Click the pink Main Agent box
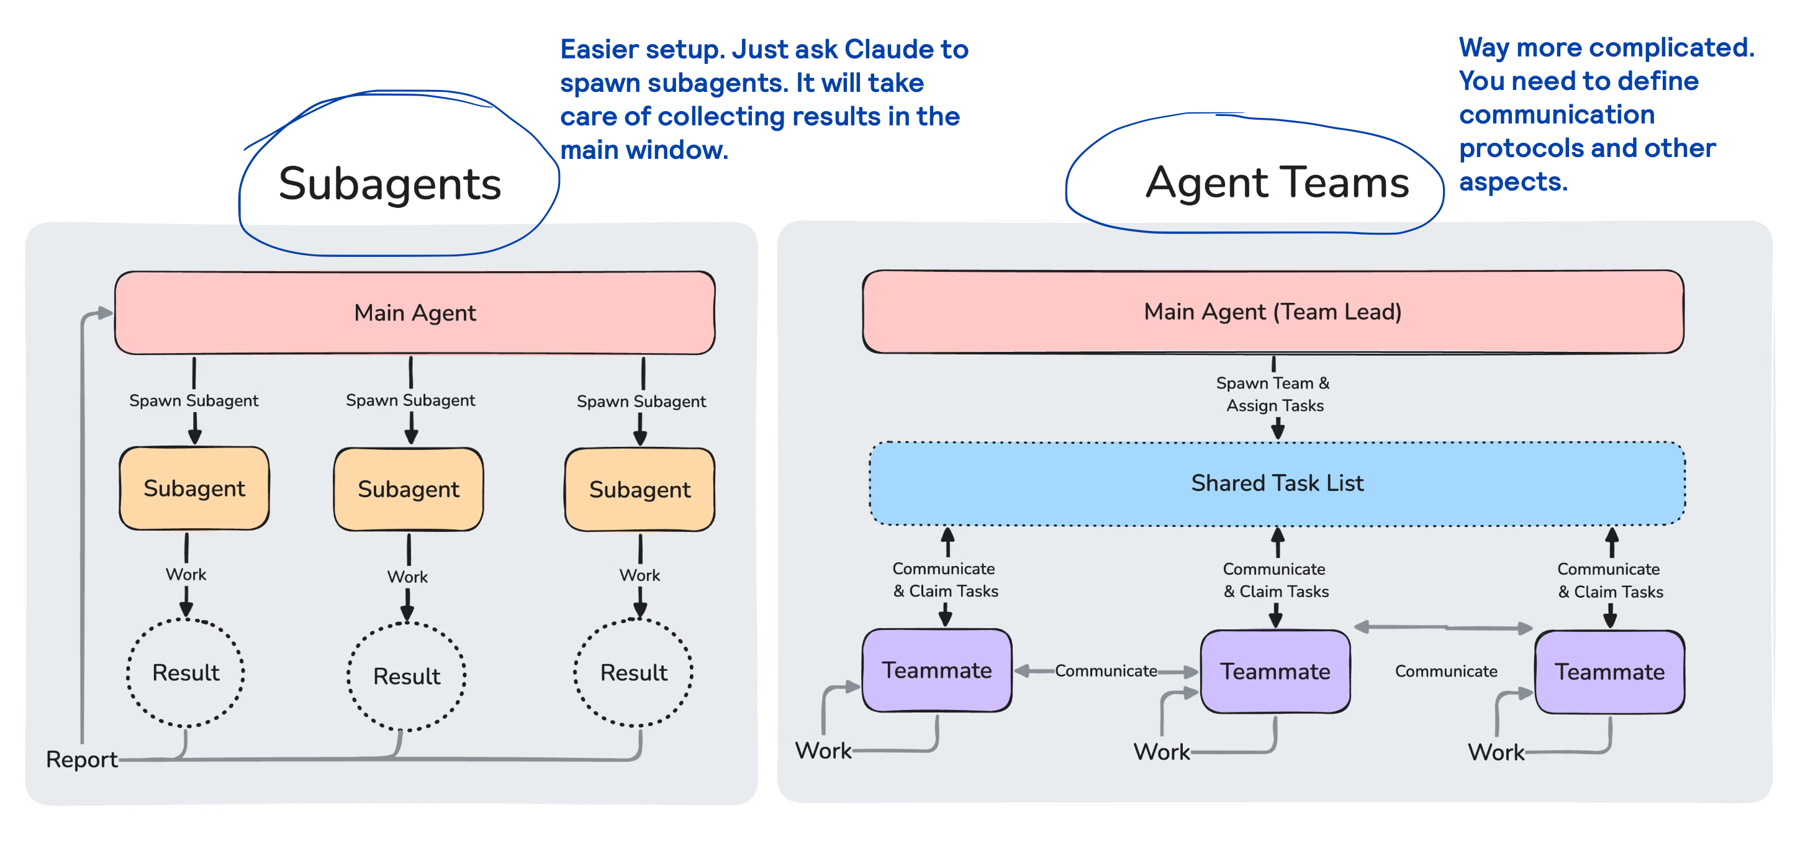[415, 312]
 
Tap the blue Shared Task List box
[1277, 483]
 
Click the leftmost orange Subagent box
[194, 488]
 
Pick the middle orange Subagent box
[408, 489]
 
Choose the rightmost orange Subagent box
[640, 490]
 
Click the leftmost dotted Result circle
[186, 673]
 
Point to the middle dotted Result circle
[407, 676]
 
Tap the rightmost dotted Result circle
[633, 673]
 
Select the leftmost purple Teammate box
[937, 670]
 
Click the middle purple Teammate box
[1275, 672]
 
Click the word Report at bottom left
[81, 760]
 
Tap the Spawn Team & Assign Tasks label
[1273, 394]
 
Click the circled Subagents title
[390, 184]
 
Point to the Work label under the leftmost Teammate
[823, 750]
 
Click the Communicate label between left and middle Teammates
[1106, 671]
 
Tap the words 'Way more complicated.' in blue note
[1606, 48]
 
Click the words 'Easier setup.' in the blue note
[642, 49]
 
